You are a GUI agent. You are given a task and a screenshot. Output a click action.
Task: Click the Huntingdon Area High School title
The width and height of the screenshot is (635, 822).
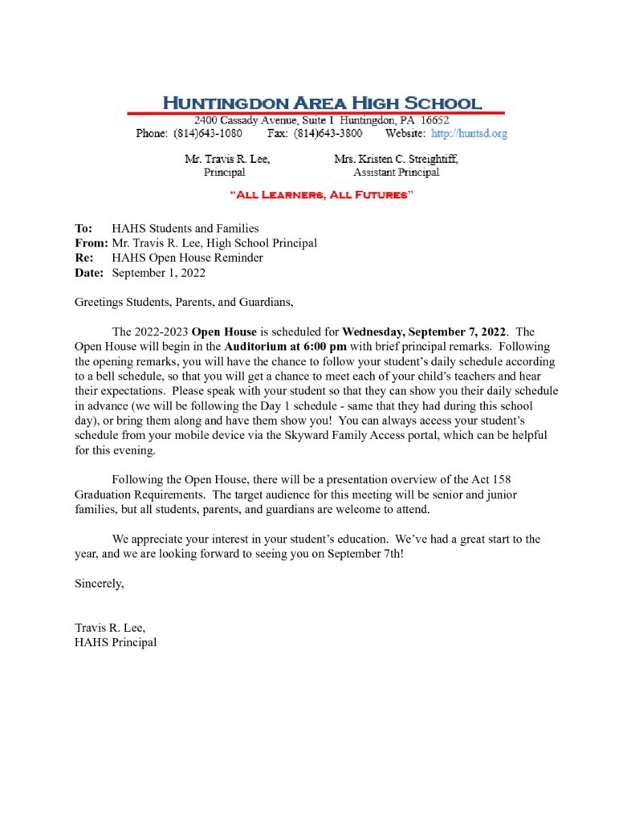(322, 103)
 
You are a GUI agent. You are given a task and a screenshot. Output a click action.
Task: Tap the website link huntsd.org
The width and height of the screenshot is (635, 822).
(470, 133)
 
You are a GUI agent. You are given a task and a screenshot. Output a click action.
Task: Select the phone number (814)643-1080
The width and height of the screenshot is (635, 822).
(208, 133)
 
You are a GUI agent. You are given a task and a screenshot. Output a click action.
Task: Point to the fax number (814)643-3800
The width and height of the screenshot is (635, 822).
(328, 133)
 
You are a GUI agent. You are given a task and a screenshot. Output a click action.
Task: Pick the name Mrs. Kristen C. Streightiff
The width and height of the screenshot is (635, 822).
(396, 159)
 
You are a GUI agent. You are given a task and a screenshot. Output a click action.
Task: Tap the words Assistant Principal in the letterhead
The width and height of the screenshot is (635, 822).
(396, 172)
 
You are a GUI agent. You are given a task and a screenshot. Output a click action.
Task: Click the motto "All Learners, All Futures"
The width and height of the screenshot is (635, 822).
(322, 195)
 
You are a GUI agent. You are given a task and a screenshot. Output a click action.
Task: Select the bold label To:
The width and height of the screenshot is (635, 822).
(83, 229)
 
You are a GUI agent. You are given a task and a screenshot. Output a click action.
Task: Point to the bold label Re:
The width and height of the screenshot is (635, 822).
(83, 258)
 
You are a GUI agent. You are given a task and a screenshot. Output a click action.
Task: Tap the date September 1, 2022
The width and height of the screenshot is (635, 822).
(159, 272)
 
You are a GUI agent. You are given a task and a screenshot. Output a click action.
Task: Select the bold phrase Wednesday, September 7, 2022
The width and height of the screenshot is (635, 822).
(425, 332)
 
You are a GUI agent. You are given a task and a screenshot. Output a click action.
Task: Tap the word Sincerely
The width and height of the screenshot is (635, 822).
(100, 584)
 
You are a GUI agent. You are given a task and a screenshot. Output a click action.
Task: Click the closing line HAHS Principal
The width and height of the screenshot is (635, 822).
(116, 642)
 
